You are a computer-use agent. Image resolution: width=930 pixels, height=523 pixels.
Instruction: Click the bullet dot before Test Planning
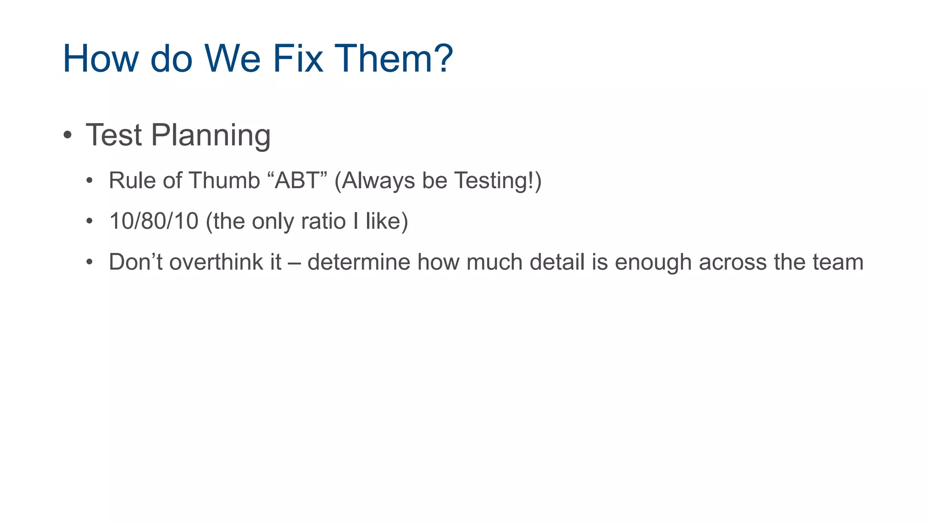pos(68,135)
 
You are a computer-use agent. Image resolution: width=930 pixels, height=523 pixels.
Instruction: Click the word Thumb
pos(224,180)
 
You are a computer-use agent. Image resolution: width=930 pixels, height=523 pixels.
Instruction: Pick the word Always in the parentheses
pos(378,180)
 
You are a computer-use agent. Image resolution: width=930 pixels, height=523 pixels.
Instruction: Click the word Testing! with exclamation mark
pos(495,180)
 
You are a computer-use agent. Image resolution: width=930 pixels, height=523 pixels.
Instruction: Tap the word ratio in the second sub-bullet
pos(323,221)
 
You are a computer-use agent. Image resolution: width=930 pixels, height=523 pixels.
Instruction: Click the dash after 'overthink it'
pos(294,263)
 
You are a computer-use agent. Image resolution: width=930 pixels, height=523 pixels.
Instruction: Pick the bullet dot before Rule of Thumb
pos(90,181)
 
